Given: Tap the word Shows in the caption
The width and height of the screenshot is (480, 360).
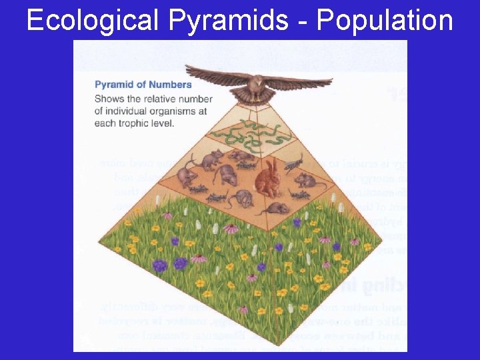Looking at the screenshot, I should point(109,98).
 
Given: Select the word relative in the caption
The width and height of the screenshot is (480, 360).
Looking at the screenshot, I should point(157,98).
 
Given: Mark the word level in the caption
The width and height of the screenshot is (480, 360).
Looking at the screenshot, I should point(163,123).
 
